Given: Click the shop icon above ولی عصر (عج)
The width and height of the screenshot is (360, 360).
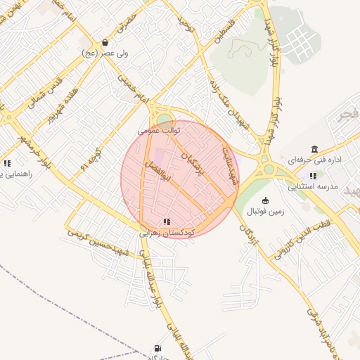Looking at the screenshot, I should tap(105, 42).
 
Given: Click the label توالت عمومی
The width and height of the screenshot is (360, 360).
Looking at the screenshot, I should tap(159, 131).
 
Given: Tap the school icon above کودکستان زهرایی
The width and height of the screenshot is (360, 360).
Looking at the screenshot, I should tap(166, 221).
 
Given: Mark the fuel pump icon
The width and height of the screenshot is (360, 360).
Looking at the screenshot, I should tap(156, 347).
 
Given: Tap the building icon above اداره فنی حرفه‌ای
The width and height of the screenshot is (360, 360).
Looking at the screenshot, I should tap(314, 149).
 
